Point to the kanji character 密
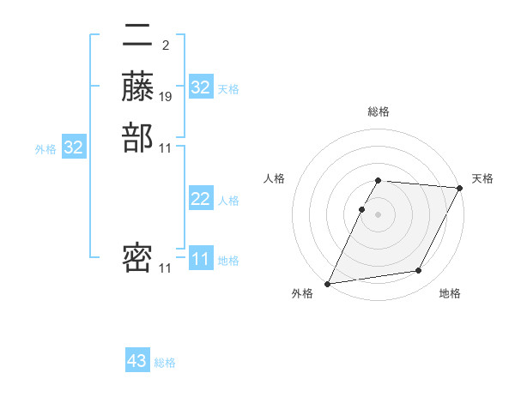[137, 258]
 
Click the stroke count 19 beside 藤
[167, 97]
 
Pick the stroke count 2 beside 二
[165, 45]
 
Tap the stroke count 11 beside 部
[167, 148]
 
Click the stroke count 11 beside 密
[167, 268]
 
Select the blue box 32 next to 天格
[201, 87]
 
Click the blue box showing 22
[201, 199]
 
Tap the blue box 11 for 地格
[201, 259]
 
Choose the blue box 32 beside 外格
[74, 147]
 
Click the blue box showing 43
[137, 361]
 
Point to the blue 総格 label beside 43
[166, 363]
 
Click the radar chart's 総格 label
[378, 111]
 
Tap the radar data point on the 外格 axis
[327, 284]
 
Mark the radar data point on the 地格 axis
[419, 271]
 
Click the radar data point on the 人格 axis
[362, 209]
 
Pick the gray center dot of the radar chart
[378, 214]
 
